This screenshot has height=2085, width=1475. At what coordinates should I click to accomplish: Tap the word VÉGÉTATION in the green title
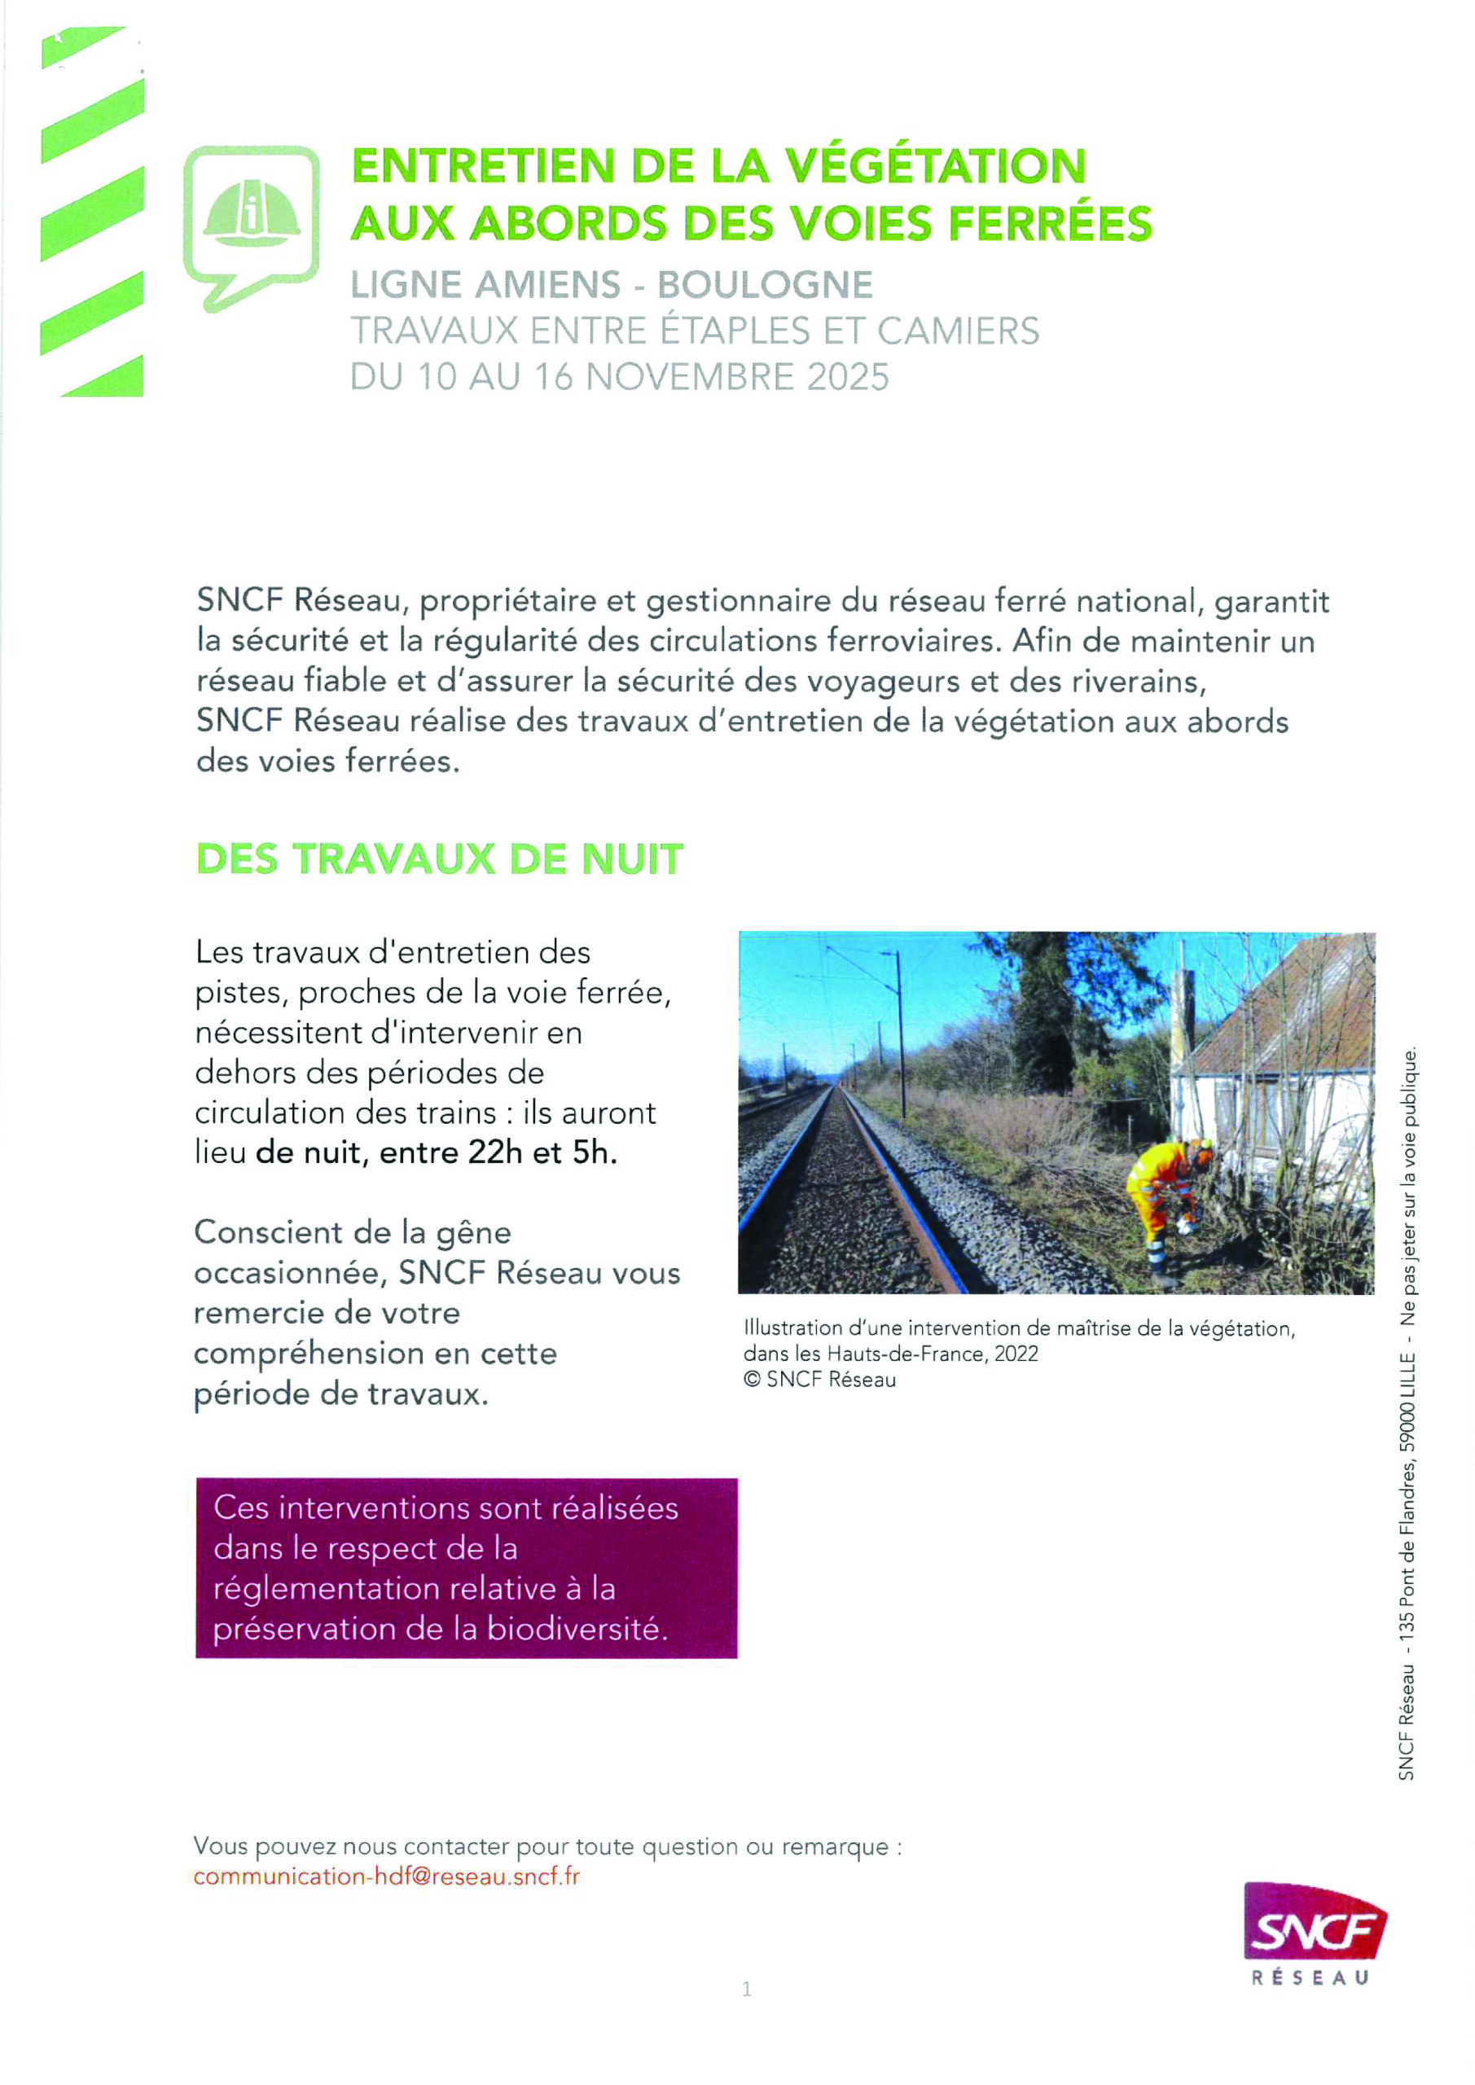tap(936, 165)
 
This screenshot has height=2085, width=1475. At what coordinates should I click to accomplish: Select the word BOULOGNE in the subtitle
tap(765, 284)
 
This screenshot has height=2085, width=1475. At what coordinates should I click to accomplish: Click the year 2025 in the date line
tap(847, 376)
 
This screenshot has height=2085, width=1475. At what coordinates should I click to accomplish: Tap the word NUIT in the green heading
tap(631, 859)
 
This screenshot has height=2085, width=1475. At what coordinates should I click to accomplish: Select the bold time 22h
tap(495, 1152)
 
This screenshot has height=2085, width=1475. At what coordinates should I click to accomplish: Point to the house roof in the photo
tap(1290, 1008)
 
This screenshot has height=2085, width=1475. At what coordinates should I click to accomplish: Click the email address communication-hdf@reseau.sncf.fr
tap(386, 1876)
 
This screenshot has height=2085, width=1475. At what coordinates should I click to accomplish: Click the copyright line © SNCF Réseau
tap(819, 1380)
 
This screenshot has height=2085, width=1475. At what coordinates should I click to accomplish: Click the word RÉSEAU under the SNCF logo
tap(1310, 1977)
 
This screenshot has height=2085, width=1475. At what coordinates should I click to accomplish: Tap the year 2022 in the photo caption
tap(1016, 1354)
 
